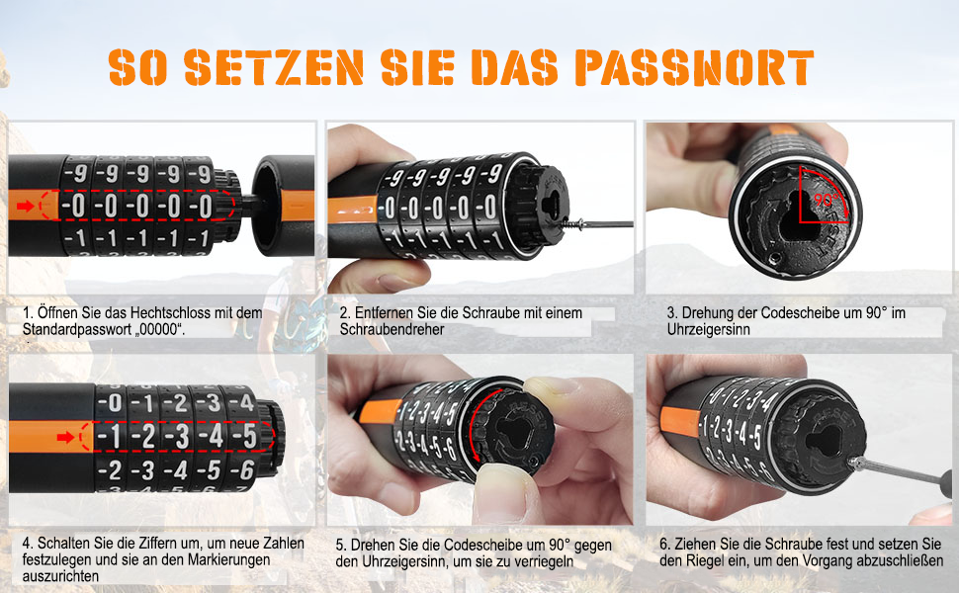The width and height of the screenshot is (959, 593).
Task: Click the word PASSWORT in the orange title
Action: coord(694,67)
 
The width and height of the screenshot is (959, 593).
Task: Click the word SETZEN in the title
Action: coord(274,67)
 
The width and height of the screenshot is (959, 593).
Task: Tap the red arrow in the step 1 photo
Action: coord(25,206)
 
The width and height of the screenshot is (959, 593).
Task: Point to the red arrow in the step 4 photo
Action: coord(65,437)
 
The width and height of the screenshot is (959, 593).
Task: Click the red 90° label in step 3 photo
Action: coord(825,200)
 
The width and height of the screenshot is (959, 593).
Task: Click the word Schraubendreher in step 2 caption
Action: coord(392,329)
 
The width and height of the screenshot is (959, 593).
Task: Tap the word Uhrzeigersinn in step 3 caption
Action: coord(708,329)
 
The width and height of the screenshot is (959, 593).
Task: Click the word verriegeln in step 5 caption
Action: coord(543,561)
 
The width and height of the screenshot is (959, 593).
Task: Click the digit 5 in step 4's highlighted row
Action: coord(249,437)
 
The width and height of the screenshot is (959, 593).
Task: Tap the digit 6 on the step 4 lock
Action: coord(247,469)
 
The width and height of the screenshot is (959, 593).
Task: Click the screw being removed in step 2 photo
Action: coord(598,224)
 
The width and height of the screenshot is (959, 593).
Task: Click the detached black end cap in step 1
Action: coord(283,205)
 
